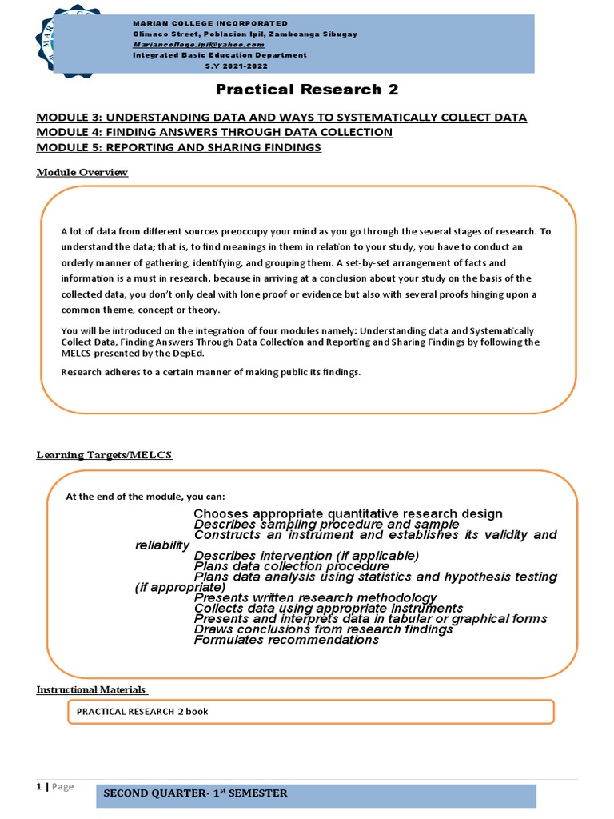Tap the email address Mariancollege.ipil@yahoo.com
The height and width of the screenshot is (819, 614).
[x=198, y=46]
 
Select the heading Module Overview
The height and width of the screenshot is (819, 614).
[x=82, y=173]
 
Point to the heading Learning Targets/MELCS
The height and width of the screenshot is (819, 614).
[x=104, y=455]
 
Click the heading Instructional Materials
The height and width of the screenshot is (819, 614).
[x=90, y=689]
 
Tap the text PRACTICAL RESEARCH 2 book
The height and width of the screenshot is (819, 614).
[x=142, y=711]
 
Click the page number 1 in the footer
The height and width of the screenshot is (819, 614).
[x=38, y=787]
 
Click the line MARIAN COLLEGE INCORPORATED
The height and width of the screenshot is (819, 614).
[x=209, y=24]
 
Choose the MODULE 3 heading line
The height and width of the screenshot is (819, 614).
[x=281, y=118]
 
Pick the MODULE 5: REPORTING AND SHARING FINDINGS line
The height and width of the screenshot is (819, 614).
[x=178, y=148]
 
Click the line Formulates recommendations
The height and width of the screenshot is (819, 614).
[x=286, y=640]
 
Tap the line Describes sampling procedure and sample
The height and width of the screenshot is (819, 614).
[x=326, y=525]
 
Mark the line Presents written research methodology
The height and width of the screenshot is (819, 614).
[x=315, y=598]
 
